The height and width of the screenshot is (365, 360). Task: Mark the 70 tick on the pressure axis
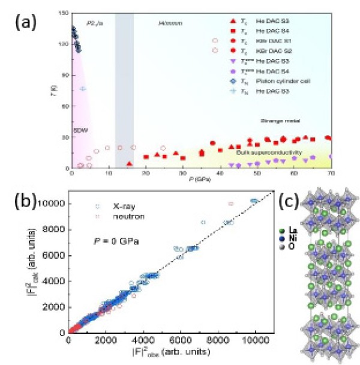[331, 174]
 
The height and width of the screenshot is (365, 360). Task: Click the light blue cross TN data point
[83, 89]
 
